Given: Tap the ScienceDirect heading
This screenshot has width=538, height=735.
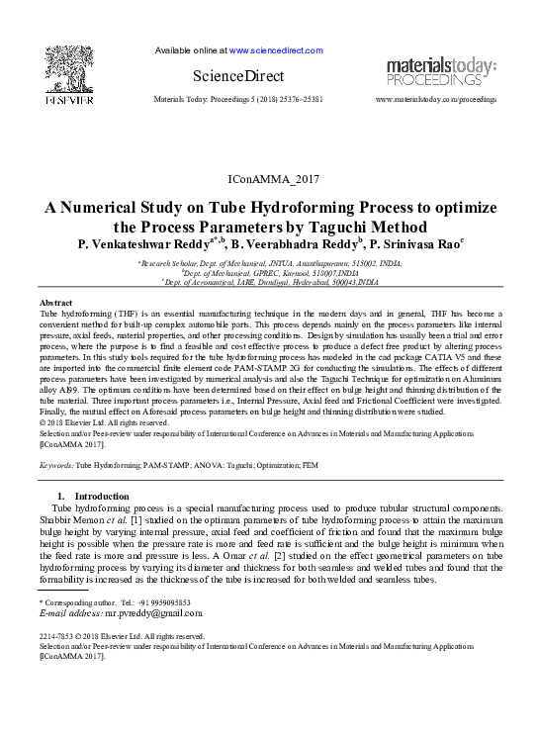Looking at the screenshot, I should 237,76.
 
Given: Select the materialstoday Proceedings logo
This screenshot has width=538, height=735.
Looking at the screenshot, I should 440,70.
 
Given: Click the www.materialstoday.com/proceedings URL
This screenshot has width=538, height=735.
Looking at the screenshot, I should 436,101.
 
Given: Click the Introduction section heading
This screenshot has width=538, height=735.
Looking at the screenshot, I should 101,495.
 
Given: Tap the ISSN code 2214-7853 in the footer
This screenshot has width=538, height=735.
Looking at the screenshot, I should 56,637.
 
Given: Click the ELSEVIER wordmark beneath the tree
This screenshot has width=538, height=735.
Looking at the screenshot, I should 67,100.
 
